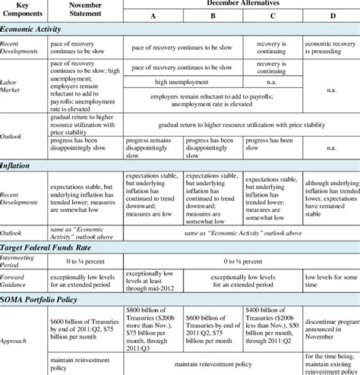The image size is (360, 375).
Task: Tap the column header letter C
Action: (x=273, y=15)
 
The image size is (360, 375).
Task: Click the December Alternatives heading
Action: (x=241, y=4)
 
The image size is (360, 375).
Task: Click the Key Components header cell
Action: (x=24, y=10)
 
